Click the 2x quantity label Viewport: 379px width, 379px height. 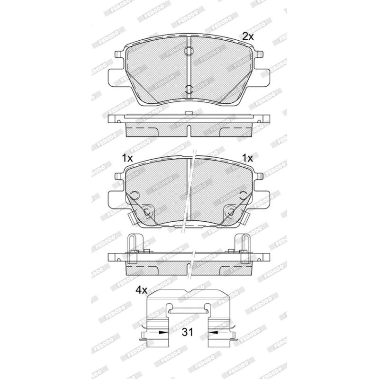[x=248, y=37]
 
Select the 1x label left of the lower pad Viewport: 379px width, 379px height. [x=127, y=158]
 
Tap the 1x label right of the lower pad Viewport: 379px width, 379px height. [x=247, y=158]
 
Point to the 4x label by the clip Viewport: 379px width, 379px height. [x=141, y=290]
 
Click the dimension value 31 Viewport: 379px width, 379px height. [x=188, y=332]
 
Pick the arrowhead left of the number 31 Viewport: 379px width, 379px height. [x=163, y=333]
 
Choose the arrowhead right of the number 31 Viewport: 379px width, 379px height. [x=214, y=333]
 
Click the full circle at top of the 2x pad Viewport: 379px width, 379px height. [x=189, y=51]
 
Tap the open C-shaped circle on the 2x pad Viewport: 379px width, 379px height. [x=189, y=89]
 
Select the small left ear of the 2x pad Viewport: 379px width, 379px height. [x=120, y=54]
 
